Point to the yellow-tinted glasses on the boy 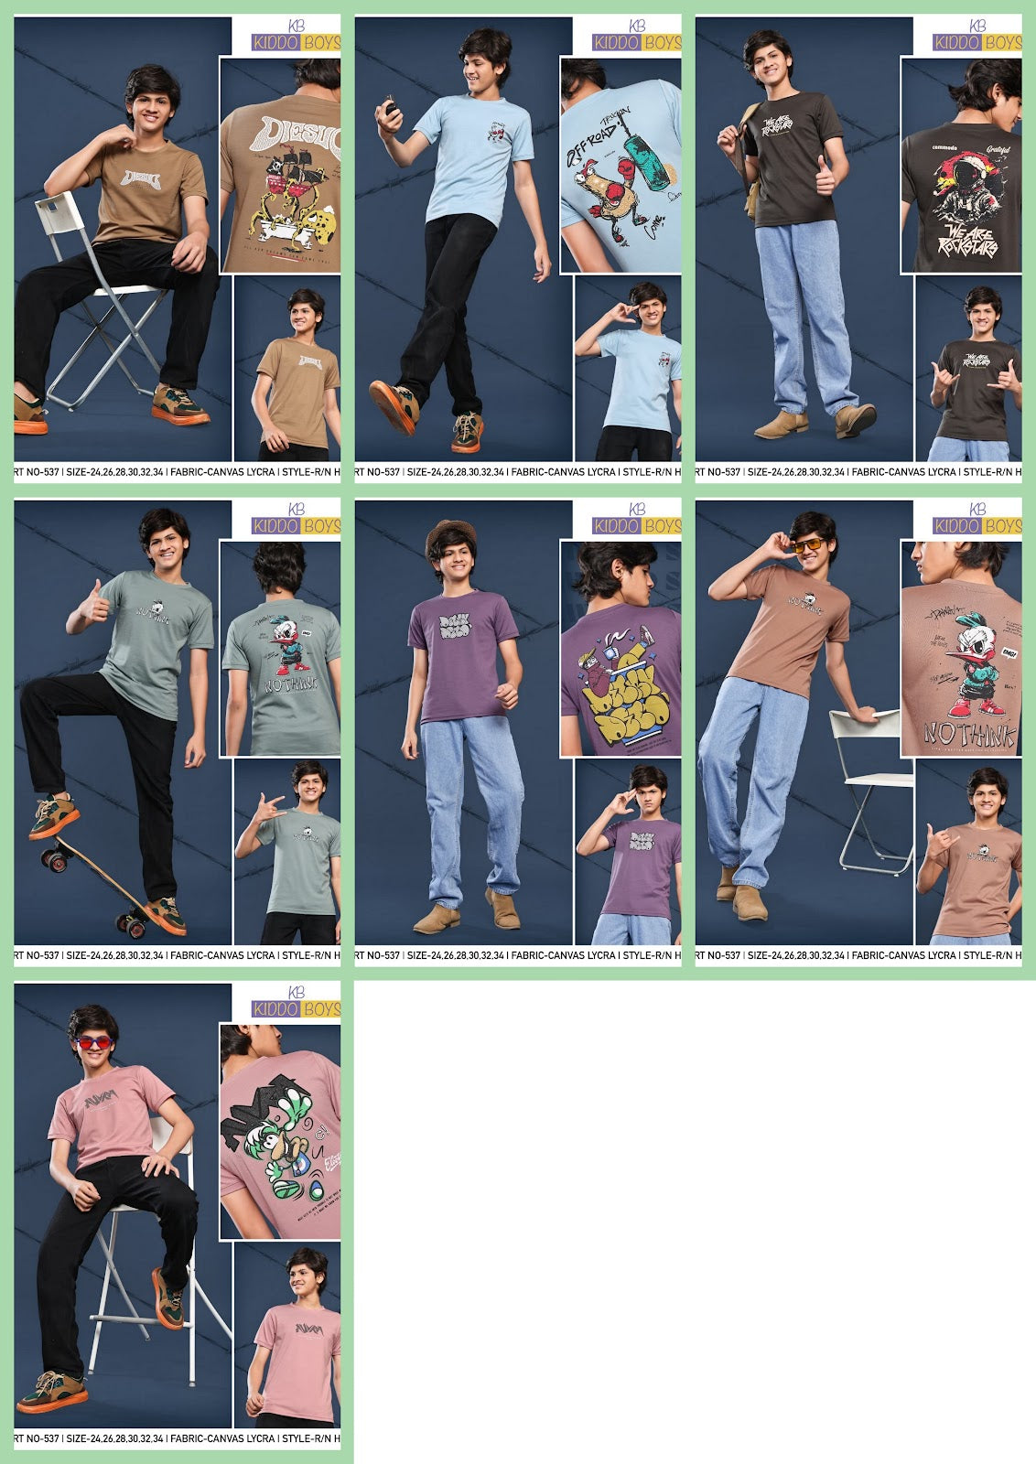click(804, 546)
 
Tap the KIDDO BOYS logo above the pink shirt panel click(296, 1007)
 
